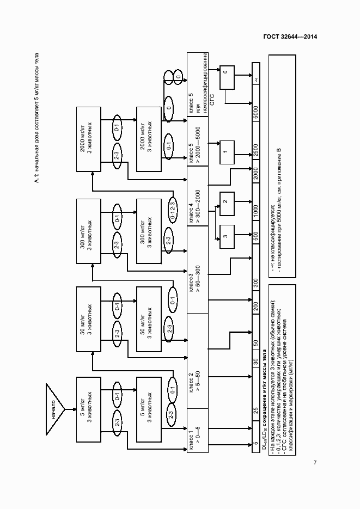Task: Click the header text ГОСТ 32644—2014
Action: pos(286,37)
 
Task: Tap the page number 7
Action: pos(315,463)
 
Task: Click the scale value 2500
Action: pos(255,150)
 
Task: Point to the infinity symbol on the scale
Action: pos(255,80)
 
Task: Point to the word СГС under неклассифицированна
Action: pos(212,99)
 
